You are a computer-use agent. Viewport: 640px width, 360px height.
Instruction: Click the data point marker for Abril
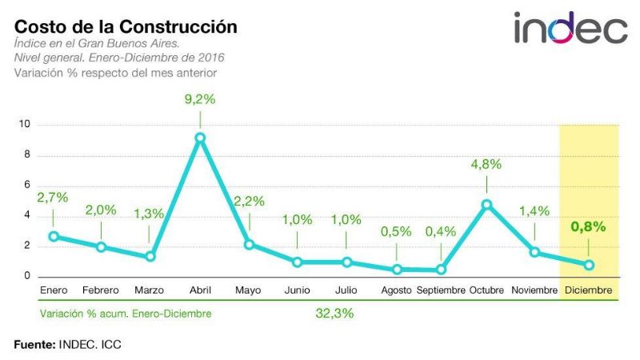click(x=200, y=138)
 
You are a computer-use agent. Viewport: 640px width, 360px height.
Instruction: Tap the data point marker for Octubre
click(x=486, y=204)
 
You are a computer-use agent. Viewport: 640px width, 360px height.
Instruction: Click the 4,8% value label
click(x=486, y=164)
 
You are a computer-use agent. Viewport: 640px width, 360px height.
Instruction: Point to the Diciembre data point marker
click(x=588, y=265)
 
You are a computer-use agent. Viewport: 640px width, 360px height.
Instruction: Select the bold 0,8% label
click(x=588, y=226)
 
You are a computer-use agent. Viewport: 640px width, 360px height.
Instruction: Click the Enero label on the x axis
click(x=53, y=290)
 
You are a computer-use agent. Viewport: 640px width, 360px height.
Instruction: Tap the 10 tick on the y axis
click(x=26, y=125)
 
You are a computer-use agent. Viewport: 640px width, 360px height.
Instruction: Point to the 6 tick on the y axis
click(x=27, y=186)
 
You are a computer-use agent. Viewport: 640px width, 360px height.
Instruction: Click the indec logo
click(x=570, y=29)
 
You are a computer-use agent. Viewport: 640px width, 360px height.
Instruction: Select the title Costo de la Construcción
click(x=126, y=26)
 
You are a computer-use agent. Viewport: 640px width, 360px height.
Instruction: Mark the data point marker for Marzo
click(x=150, y=257)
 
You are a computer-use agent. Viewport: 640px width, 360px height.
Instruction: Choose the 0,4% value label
click(x=440, y=231)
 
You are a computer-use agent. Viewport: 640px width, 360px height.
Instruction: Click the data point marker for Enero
click(x=54, y=236)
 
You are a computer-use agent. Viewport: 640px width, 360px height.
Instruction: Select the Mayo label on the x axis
click(x=248, y=290)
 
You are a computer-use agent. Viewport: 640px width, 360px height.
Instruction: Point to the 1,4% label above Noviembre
click(x=534, y=211)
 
